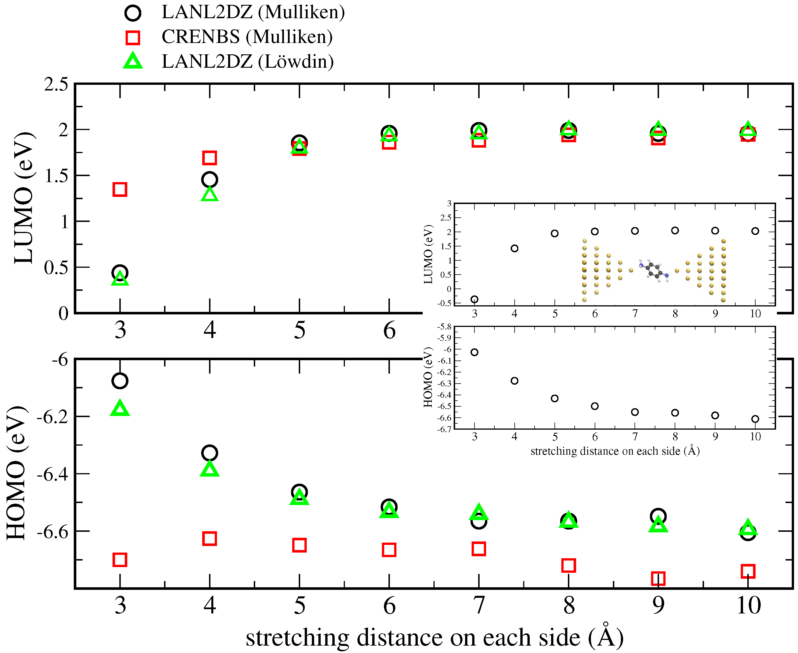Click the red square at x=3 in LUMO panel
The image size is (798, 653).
click(x=120, y=189)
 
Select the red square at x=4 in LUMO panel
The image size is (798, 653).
click(x=209, y=158)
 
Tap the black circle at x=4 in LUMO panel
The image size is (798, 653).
click(x=209, y=180)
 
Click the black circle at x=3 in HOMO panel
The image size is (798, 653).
click(x=120, y=381)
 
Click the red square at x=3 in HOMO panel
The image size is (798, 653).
click(x=120, y=560)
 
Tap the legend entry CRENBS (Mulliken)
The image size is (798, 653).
click(x=247, y=37)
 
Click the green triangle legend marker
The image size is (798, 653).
click(x=133, y=61)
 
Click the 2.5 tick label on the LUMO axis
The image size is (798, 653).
click(x=56, y=84)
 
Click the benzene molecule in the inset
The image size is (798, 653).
click(x=654, y=270)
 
